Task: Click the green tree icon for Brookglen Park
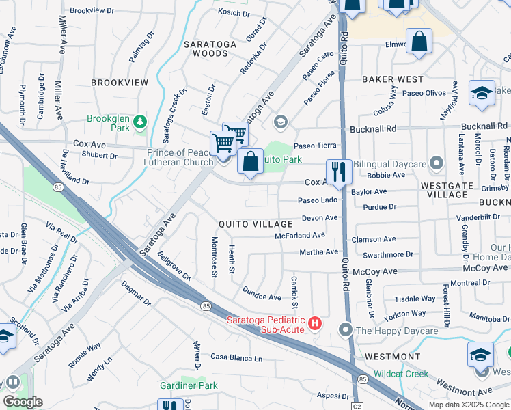140,122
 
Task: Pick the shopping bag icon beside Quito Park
251,162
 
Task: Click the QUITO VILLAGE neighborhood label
255,224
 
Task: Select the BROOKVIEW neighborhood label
120,82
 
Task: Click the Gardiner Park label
189,385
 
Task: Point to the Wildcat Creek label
400,374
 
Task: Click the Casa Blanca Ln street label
236,358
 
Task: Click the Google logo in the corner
23,402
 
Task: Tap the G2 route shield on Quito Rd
356,404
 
